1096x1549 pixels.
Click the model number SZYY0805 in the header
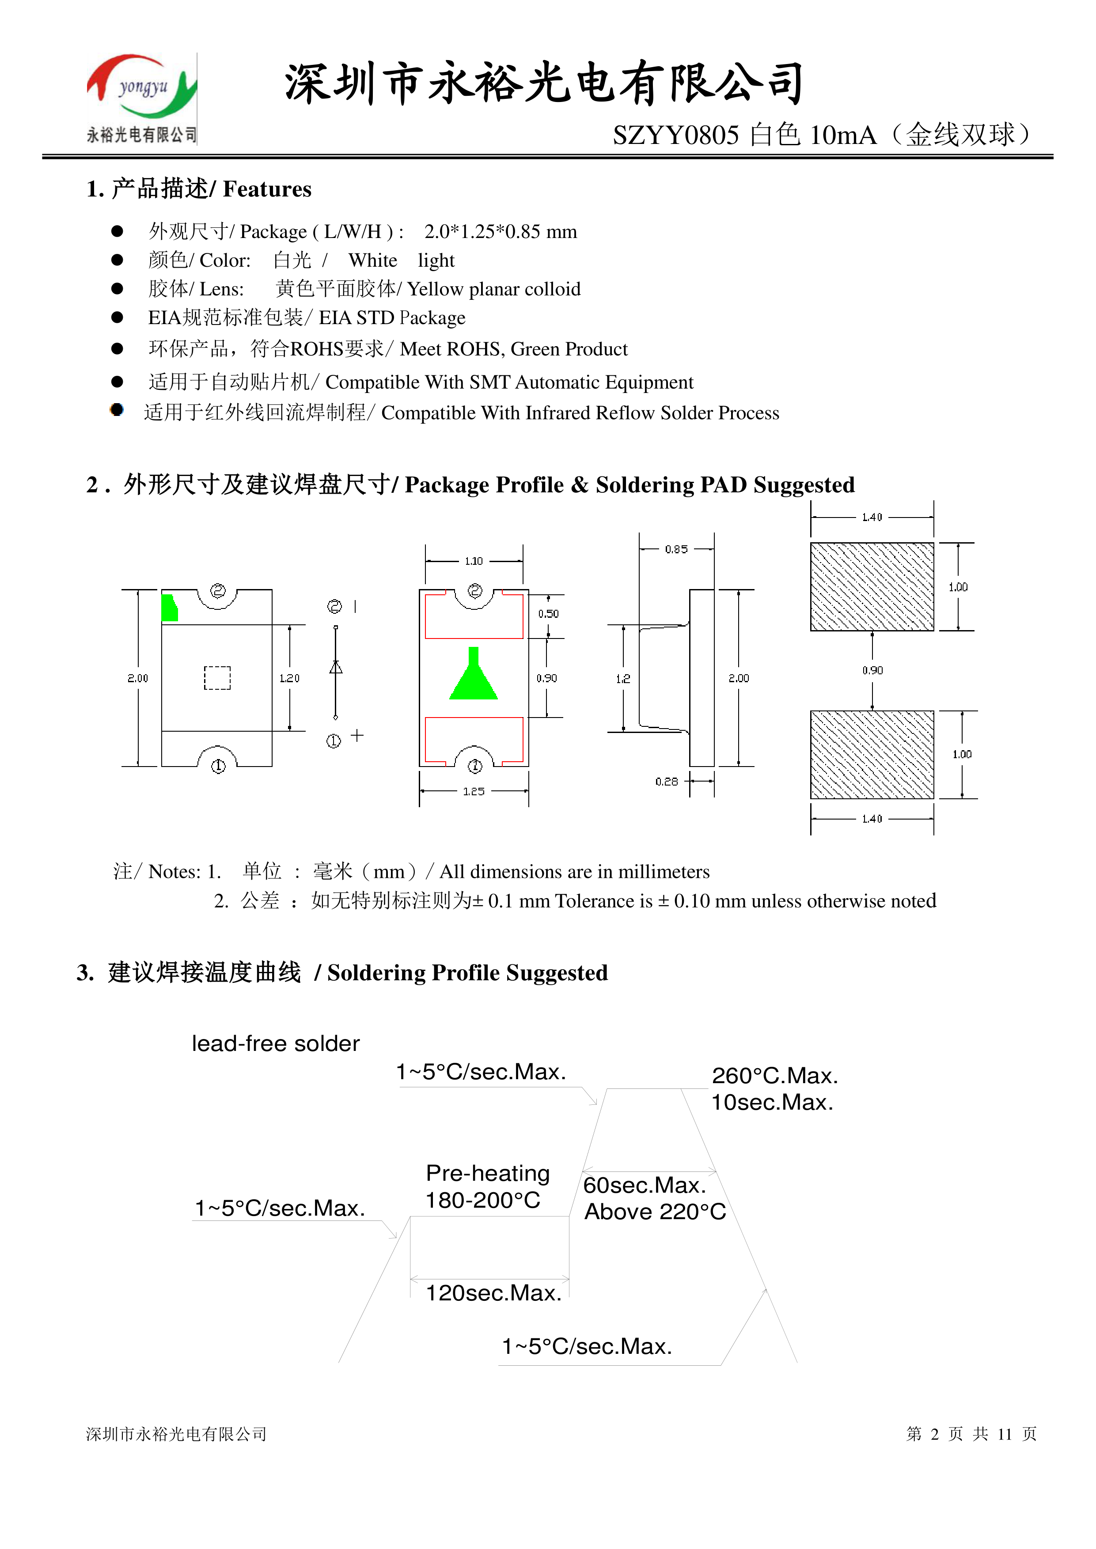675,135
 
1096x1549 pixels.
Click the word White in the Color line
372,261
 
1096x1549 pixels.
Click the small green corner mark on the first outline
169,608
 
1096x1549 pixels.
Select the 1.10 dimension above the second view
474,561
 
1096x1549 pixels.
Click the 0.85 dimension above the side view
676,549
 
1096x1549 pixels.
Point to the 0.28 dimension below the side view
666,781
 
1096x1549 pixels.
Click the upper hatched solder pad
872,586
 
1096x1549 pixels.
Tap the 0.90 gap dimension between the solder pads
872,670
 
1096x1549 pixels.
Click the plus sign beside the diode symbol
357,735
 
